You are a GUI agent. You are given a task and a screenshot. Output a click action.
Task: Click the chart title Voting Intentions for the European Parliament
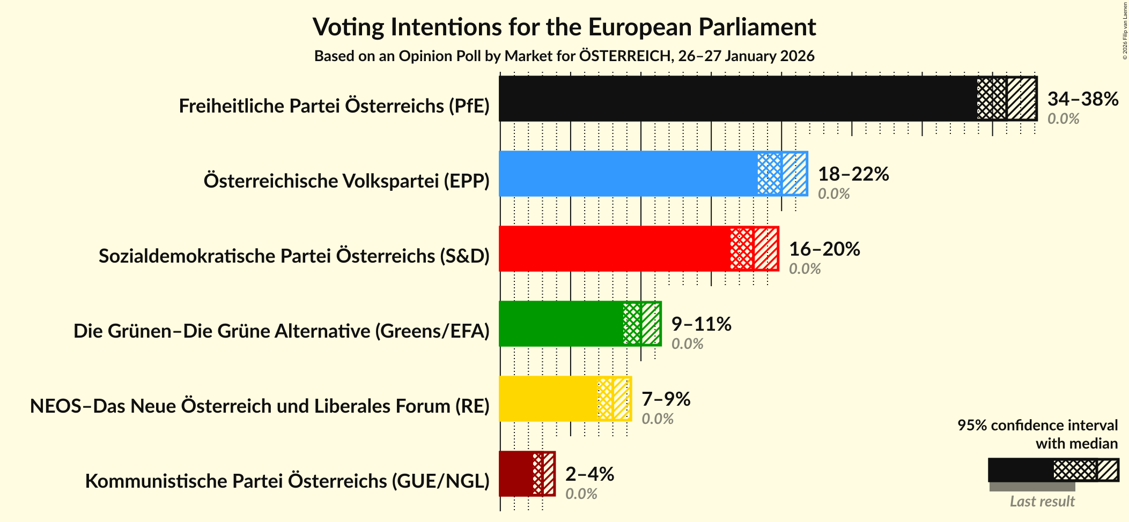tap(564, 27)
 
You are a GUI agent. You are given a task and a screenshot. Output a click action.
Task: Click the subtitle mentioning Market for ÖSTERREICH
tap(564, 56)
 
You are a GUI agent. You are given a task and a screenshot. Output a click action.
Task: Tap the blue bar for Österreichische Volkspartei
tap(628, 174)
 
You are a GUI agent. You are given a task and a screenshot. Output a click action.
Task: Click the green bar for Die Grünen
tap(560, 324)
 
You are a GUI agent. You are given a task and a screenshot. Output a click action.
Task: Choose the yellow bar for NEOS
tap(547, 399)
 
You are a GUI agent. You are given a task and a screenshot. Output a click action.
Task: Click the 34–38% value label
tap(1082, 99)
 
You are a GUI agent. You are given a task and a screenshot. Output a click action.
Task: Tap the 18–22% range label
tap(853, 174)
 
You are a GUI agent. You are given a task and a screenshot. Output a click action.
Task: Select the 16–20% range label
tap(824, 249)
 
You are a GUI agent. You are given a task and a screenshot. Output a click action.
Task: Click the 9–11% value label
tap(701, 324)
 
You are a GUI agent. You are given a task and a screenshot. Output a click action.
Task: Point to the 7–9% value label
tap(666, 399)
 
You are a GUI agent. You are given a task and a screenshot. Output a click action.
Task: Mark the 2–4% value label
tap(589, 474)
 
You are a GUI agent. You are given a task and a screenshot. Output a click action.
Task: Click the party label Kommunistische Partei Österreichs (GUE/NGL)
tap(287, 481)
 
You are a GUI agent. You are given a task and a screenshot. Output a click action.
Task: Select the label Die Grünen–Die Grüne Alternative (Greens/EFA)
tap(282, 331)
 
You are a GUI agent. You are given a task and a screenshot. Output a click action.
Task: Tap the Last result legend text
tap(1042, 501)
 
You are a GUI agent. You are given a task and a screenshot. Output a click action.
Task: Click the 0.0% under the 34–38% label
tap(1063, 118)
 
